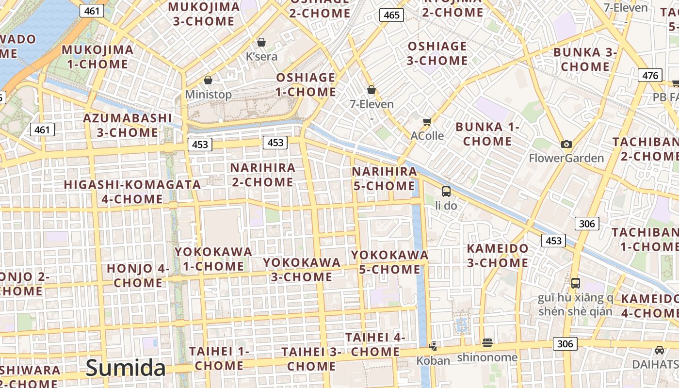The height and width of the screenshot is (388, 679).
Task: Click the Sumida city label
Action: (126, 368)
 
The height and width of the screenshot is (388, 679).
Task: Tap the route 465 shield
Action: (391, 15)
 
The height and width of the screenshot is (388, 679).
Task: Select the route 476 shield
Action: (650, 76)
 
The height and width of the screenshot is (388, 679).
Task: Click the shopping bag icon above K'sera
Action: (261, 42)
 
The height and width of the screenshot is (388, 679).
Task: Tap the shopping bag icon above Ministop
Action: (208, 80)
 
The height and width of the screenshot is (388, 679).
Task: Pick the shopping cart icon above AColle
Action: (427, 122)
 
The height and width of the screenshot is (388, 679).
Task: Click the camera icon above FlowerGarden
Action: (566, 144)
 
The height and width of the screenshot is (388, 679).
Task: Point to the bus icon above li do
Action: (446, 191)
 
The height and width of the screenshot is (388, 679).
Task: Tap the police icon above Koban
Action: (433, 346)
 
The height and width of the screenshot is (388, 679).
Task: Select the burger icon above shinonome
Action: (487, 343)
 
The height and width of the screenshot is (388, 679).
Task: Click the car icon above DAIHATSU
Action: (659, 350)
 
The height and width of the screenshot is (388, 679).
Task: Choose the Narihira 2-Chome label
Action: (262, 175)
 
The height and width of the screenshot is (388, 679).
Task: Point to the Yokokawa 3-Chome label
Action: (302, 270)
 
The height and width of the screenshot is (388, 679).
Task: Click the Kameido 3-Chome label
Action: (497, 256)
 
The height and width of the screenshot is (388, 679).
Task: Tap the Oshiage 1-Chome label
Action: (306, 85)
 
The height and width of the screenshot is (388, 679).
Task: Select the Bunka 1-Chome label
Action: (487, 134)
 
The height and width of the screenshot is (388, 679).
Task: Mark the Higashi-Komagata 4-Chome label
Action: (132, 192)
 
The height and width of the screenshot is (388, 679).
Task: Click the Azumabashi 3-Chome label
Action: (128, 125)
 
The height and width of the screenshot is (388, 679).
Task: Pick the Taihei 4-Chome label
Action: (375, 344)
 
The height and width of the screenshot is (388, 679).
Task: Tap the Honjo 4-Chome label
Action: (138, 275)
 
